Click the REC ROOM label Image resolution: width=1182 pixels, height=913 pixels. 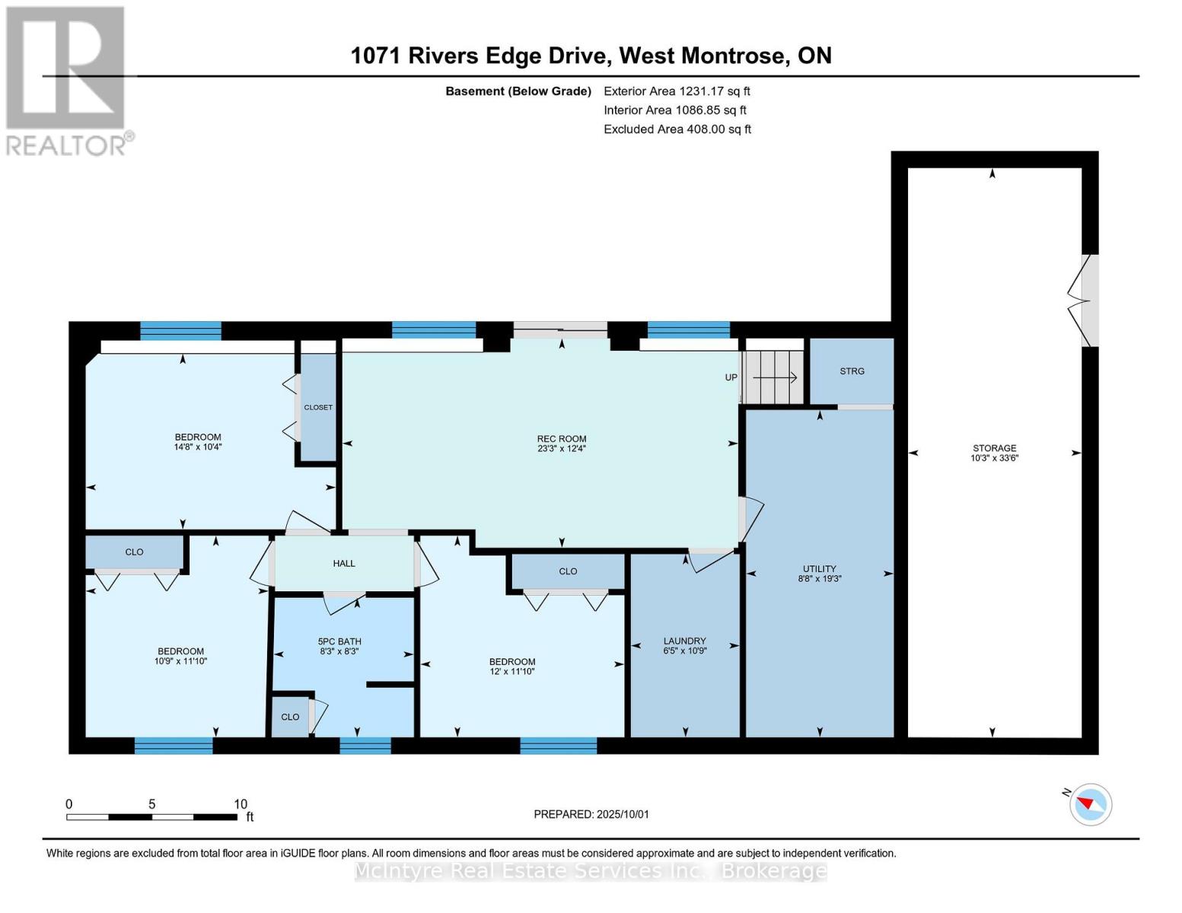pos(562,438)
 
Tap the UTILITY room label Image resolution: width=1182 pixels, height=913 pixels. pos(819,568)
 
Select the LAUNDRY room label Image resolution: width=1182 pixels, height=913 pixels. pos(684,641)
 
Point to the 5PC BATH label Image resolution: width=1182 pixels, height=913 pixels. pos(339,641)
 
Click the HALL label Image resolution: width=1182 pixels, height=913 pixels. pos(344,563)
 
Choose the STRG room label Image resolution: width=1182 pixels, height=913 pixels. pos(852,371)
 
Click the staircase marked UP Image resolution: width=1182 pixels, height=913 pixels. pos(773,377)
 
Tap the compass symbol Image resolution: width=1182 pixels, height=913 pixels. pos(1090,805)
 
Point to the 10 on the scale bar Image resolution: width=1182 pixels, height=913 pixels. pos(241,803)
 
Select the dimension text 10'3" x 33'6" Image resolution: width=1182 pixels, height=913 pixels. pos(994,458)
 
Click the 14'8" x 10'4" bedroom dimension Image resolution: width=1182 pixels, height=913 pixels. pos(197,447)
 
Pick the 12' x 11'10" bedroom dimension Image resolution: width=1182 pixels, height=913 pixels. pos(512,672)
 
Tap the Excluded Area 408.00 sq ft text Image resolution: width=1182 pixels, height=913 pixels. pos(677,129)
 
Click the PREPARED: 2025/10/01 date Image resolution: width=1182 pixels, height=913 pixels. pos(591,814)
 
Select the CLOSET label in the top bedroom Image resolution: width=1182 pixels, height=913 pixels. pos(318,407)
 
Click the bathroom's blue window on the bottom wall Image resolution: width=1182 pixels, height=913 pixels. pos(365,746)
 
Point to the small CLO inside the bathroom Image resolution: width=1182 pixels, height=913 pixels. pos(290,717)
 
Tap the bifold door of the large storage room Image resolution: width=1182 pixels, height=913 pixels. pos(1082,301)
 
